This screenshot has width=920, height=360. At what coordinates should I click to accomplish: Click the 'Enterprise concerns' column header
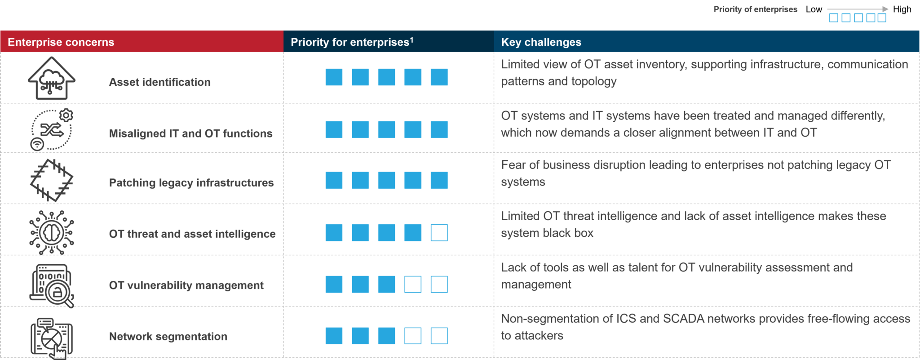[x=61, y=42]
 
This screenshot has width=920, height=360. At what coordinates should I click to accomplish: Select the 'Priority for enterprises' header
[x=352, y=42]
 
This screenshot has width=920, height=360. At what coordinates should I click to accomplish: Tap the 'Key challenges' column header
[x=541, y=42]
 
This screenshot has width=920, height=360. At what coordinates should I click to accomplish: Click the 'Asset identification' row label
[x=160, y=82]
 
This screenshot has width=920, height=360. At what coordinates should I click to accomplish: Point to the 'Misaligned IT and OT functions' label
[x=191, y=133]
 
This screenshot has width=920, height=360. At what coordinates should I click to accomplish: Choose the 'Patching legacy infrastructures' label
[x=191, y=183]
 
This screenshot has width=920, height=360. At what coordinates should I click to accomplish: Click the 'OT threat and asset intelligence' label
[x=192, y=234]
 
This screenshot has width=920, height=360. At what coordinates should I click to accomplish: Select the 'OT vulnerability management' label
[x=186, y=285]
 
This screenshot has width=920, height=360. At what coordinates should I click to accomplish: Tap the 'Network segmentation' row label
[x=168, y=337]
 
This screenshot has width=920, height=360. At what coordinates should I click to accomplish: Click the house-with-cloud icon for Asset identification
[x=52, y=78]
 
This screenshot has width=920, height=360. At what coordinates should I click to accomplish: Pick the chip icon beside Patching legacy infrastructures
[x=52, y=180]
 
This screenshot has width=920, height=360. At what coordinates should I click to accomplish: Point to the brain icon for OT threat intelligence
[x=52, y=232]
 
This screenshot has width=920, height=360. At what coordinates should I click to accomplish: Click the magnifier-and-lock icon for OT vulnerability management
[x=52, y=286]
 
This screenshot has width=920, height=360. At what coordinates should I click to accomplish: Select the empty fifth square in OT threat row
[x=439, y=233]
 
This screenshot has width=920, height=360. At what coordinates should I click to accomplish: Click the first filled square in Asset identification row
[x=334, y=77]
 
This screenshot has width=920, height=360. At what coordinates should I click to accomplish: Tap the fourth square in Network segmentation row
[x=413, y=336]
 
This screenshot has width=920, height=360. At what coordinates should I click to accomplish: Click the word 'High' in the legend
[x=902, y=9]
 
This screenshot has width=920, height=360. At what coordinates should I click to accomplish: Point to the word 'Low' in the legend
[x=814, y=9]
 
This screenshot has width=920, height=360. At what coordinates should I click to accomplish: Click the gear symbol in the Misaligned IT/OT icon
[x=66, y=116]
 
